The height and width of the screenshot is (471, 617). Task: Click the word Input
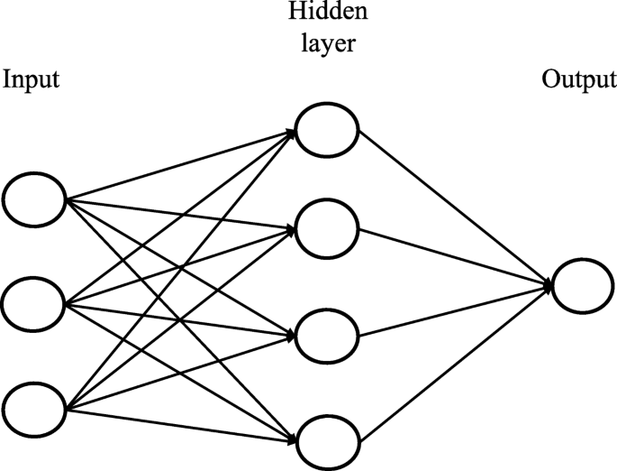coord(32,80)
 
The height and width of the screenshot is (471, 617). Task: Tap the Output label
coord(576,80)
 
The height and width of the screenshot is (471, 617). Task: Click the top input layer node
coord(34,199)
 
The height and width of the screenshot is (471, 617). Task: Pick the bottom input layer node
coord(34,409)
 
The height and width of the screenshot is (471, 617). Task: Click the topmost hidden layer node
coord(327,129)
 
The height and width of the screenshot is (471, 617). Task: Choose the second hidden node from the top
coord(327,231)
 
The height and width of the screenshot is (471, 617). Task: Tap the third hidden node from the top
coord(327,336)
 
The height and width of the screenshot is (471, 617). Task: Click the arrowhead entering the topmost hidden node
coord(290,132)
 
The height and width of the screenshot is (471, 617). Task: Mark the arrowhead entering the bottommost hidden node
coord(290,439)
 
